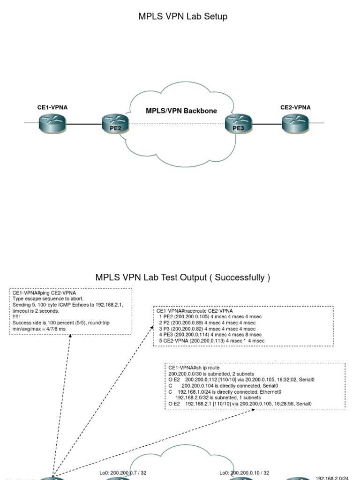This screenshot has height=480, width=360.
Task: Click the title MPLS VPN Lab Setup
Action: (x=183, y=16)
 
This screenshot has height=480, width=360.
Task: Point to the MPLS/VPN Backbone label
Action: (x=181, y=111)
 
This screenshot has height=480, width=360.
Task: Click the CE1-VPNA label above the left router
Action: (x=52, y=107)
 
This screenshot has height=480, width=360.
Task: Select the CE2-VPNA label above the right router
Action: (x=295, y=107)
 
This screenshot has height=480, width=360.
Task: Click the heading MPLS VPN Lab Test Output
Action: (x=183, y=277)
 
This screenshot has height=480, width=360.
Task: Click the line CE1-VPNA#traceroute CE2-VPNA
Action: (x=195, y=311)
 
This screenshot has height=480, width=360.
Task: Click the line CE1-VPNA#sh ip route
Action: (x=194, y=368)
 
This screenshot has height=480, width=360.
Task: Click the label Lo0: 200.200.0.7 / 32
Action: (x=123, y=473)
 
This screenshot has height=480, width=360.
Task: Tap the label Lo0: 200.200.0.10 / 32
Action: (x=244, y=473)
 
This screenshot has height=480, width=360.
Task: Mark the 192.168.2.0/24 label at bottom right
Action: (x=332, y=478)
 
